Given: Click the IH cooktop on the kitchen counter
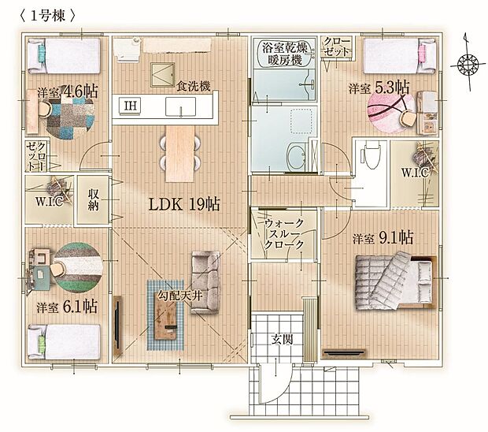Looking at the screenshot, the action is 130,106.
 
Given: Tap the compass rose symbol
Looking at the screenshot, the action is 468,65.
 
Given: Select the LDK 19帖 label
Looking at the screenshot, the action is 184,204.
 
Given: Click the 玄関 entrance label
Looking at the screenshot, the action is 282,339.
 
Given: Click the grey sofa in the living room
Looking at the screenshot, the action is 205,282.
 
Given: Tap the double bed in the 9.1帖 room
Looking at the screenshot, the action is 396,281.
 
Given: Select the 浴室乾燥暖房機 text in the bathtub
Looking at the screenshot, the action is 285,54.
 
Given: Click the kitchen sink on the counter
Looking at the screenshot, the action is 180,106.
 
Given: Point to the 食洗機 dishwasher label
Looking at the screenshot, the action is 194,87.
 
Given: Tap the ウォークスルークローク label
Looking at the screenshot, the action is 284,233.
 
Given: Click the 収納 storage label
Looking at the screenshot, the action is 93,199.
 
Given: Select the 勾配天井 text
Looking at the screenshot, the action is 180,296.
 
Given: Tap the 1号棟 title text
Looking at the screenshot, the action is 47,16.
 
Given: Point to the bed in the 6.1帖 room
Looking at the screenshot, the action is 65,342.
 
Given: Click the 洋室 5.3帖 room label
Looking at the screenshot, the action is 379,88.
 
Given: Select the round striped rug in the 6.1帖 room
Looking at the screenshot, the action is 78,268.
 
